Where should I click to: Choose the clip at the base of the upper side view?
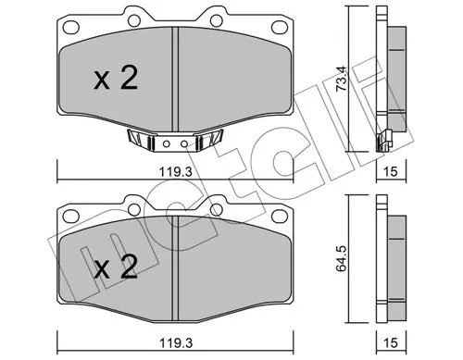pyautogui.click(x=381, y=141)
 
